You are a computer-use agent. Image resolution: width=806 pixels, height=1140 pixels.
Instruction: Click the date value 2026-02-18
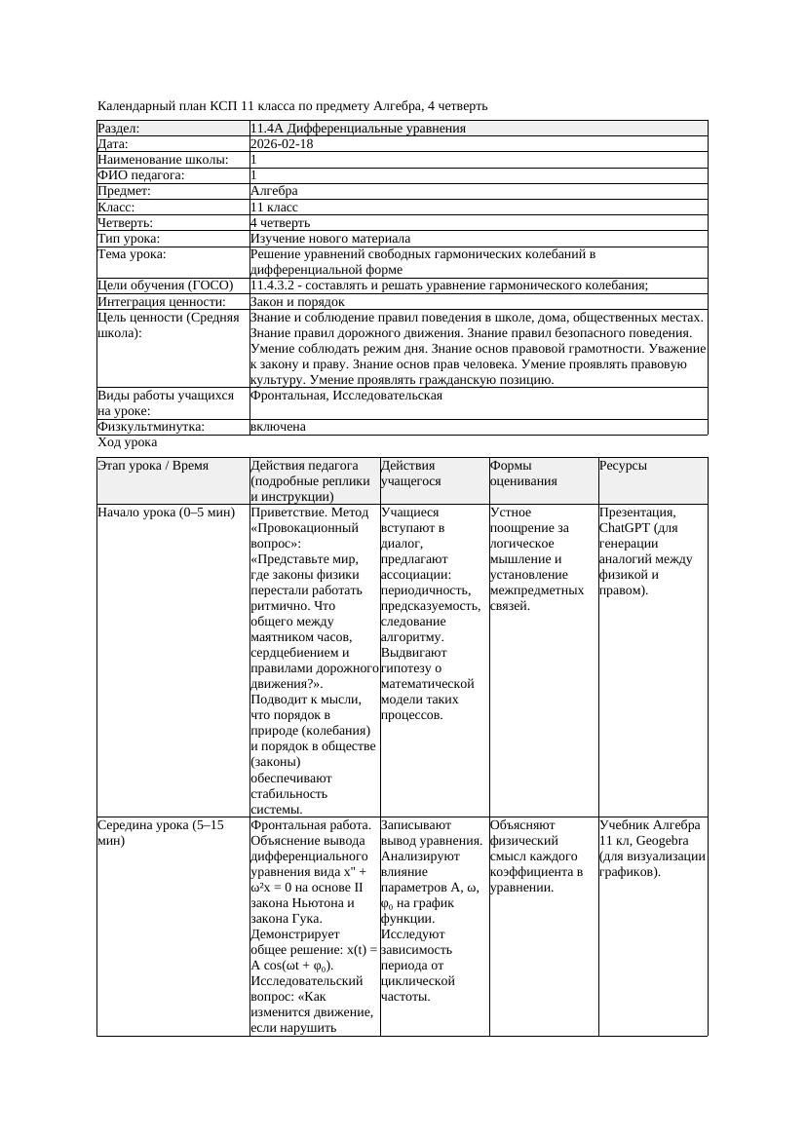click(x=282, y=144)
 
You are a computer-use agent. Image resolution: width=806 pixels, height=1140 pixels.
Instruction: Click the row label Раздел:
click(x=119, y=129)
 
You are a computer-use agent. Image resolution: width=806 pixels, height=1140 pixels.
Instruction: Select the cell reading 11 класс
click(x=274, y=208)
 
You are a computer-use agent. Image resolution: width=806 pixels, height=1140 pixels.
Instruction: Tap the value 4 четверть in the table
click(x=280, y=223)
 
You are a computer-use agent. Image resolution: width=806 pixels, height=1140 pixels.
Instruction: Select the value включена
click(x=278, y=427)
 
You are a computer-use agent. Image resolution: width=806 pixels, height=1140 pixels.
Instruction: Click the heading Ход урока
click(x=127, y=442)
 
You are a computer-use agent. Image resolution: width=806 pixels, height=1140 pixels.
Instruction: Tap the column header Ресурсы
click(x=623, y=466)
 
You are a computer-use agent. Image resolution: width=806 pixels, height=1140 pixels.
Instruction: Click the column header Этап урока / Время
click(x=153, y=466)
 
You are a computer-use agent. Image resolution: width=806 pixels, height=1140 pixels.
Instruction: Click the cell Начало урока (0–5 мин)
click(x=166, y=513)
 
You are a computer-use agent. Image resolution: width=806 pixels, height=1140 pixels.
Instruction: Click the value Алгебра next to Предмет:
click(x=274, y=191)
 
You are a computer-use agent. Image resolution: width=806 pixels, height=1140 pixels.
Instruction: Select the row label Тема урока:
click(x=132, y=254)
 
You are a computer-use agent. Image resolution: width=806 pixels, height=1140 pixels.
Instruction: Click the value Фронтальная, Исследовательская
click(x=346, y=396)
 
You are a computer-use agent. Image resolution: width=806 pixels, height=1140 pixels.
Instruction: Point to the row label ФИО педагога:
click(x=141, y=175)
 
